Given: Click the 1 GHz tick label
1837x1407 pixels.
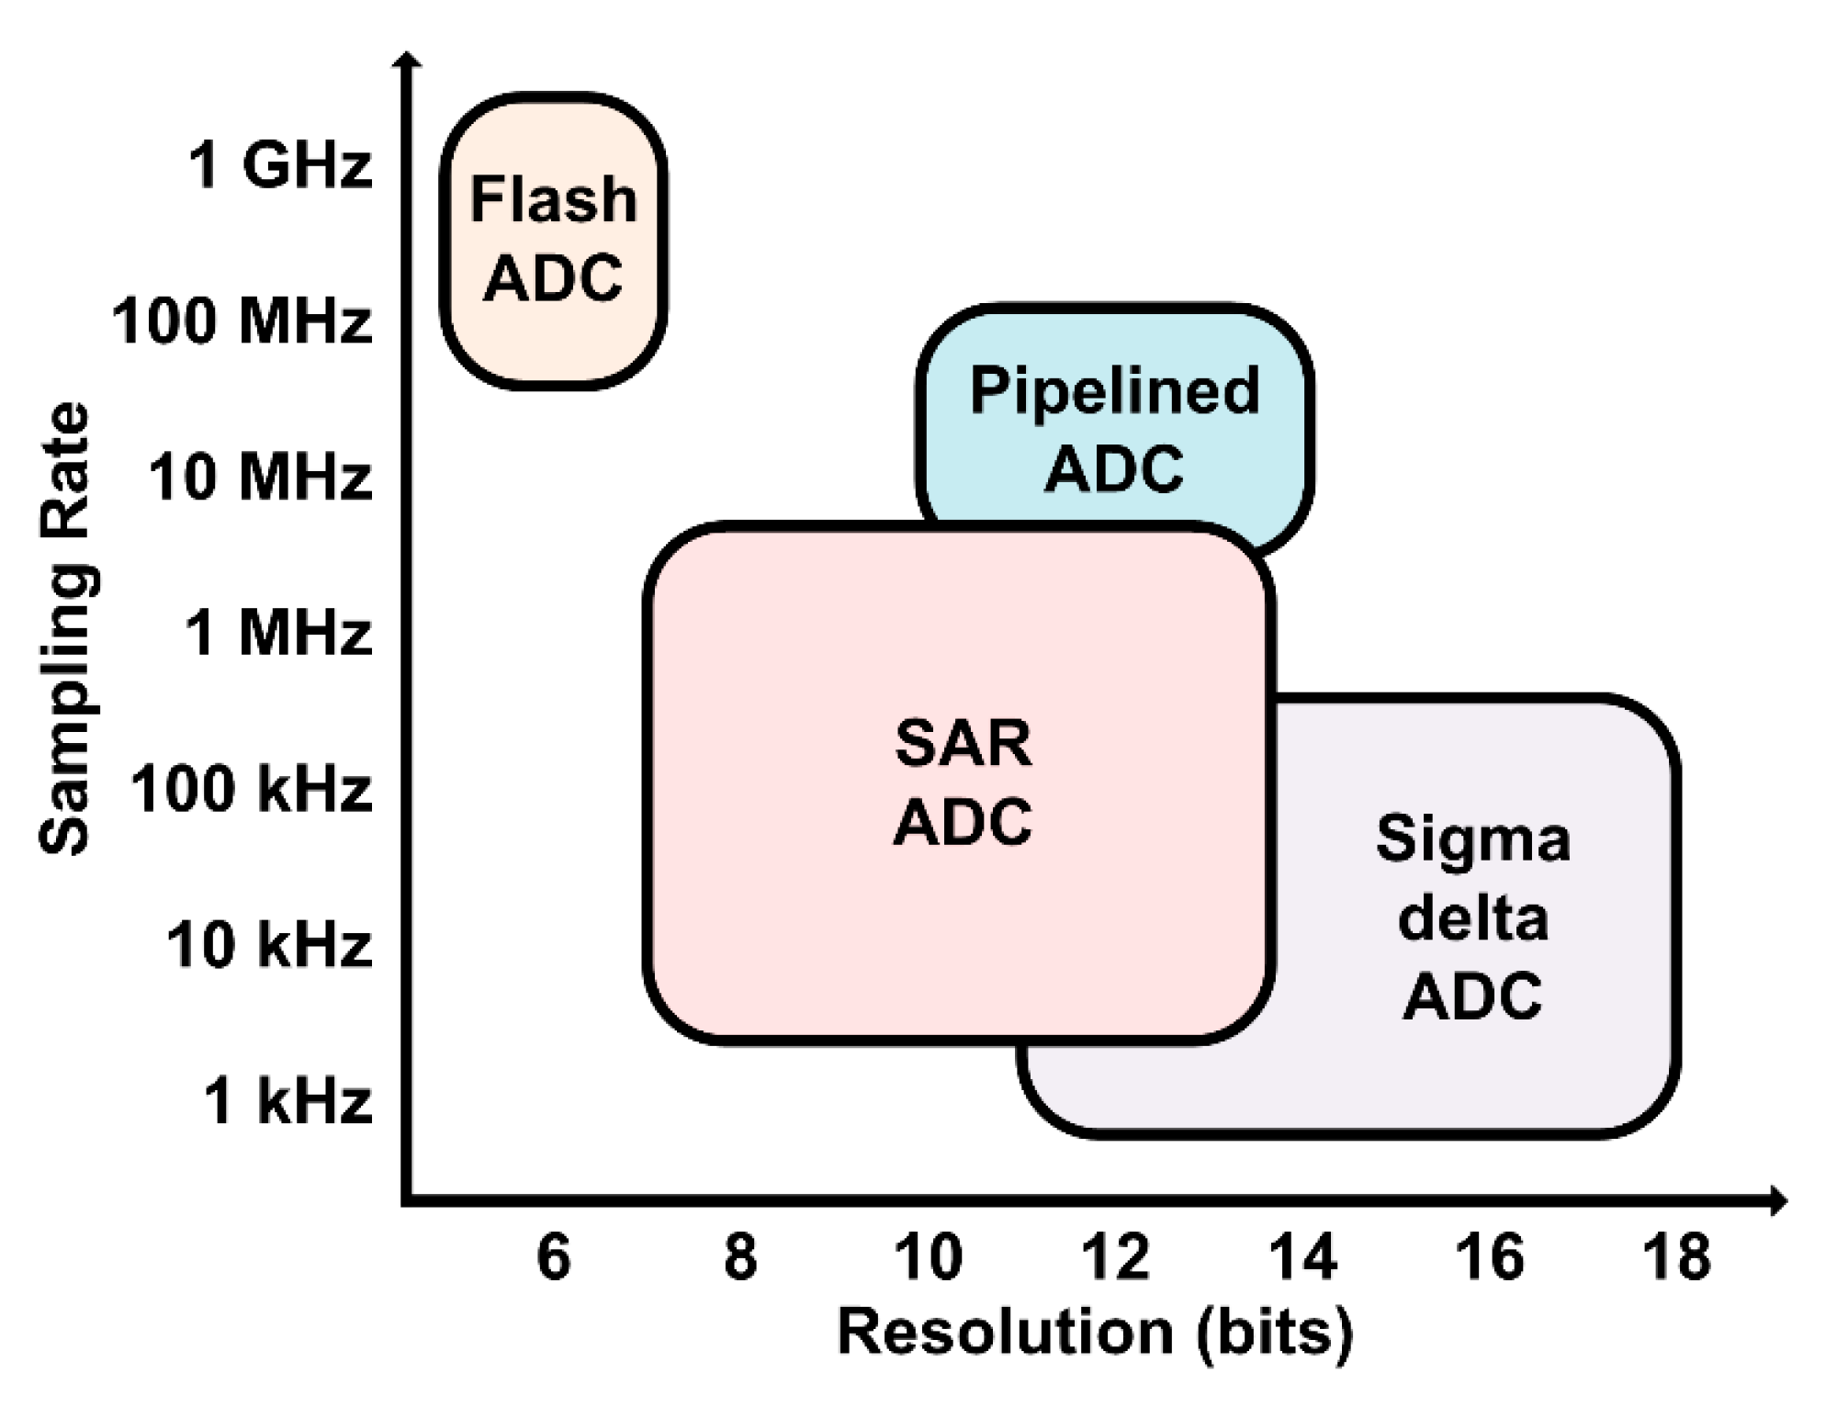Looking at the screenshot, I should coord(280,166).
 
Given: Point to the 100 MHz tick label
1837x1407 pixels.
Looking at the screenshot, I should coord(242,321).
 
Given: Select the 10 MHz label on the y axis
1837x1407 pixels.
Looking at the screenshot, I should coord(261,478).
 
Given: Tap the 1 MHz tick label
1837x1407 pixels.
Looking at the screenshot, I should coord(279,633).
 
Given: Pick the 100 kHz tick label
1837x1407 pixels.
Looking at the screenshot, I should coord(252,789).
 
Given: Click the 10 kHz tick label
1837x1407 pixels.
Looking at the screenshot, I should coord(269,945).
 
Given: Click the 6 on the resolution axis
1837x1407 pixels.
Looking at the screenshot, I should coord(554,1256).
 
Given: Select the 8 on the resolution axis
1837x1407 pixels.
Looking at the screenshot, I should coord(740,1256).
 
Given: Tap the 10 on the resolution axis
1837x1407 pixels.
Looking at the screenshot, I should coord(928,1256).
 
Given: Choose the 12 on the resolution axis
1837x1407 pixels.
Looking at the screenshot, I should coord(1115,1256).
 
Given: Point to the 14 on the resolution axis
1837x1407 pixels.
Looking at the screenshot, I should coord(1302,1256).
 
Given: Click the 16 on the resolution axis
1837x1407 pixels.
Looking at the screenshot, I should coord(1490,1256).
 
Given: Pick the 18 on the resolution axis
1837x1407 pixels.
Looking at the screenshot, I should coord(1677,1256).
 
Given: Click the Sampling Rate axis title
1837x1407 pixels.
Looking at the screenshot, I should coord(66,629).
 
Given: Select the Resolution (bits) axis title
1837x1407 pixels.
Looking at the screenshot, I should coord(1095,1333).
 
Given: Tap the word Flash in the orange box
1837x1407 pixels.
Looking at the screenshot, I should coord(553,200).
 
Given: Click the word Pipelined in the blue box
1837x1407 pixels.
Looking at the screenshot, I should coord(1114,391).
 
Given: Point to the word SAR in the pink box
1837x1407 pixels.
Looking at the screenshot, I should coord(963,744).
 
